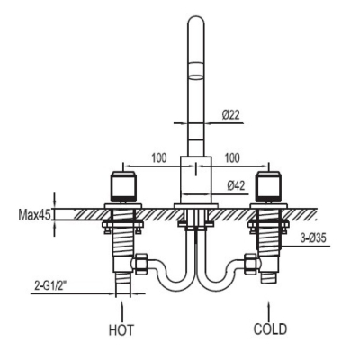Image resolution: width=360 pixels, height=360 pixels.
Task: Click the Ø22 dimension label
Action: pyautogui.click(x=231, y=115)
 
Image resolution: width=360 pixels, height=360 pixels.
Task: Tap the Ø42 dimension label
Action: pyautogui.click(x=236, y=186)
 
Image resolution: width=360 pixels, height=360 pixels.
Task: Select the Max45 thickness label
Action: pyautogui.click(x=34, y=215)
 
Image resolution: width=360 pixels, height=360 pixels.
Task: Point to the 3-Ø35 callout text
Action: pyautogui.click(x=313, y=238)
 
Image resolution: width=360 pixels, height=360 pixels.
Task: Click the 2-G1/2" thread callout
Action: pyautogui.click(x=50, y=286)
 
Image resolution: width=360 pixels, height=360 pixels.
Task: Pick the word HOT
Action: pyautogui.click(x=121, y=330)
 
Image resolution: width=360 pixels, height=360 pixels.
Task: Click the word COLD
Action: pyautogui.click(x=270, y=328)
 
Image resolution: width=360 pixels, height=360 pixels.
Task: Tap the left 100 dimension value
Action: pyautogui.click(x=158, y=158)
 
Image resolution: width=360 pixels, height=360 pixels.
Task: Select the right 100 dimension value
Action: pyautogui.click(x=232, y=158)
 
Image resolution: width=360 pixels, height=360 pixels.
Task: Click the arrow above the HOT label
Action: pyautogui.click(x=121, y=311)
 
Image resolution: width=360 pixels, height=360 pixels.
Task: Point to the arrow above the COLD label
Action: pyautogui.click(x=268, y=311)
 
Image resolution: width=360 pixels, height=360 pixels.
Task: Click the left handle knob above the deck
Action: pyautogui.click(x=123, y=186)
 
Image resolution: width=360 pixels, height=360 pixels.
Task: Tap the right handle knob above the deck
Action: pyautogui.click(x=268, y=186)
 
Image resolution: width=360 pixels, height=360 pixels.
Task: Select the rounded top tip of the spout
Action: pyautogui.click(x=196, y=16)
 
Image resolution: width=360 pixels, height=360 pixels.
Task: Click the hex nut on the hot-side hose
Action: pyautogui.click(x=140, y=264)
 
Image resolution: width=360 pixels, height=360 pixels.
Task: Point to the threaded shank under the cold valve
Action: pyautogui.click(x=268, y=237)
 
